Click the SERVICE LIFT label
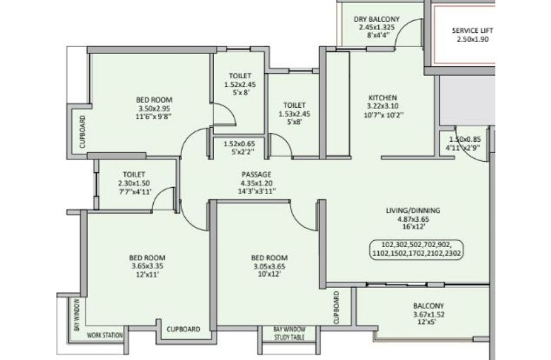click(x=472, y=31)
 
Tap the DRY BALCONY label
click(x=377, y=19)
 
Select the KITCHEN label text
click(x=383, y=98)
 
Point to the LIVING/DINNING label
click(x=413, y=211)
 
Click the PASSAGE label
click(x=256, y=175)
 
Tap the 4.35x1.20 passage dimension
click(x=256, y=183)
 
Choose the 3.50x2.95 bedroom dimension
click(x=154, y=109)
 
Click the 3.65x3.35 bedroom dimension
click(x=147, y=266)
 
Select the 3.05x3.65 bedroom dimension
click(x=269, y=267)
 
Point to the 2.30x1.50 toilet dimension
click(x=134, y=183)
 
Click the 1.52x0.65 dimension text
click(x=240, y=144)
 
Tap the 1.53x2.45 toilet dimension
click(x=294, y=114)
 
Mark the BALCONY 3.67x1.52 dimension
click(x=428, y=314)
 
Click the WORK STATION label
click(x=105, y=335)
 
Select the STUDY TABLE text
click(x=289, y=337)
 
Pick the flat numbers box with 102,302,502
click(x=417, y=249)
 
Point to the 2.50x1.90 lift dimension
click(x=472, y=39)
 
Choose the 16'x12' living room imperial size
click(x=413, y=227)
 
